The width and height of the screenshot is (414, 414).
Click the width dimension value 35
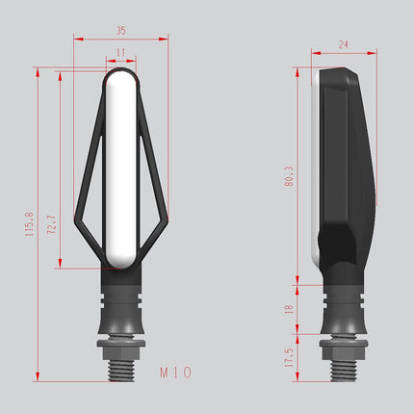pyautogui.click(x=120, y=30)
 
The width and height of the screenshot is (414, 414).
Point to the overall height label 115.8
pyautogui.click(x=30, y=225)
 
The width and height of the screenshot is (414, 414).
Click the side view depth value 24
pyautogui.click(x=344, y=44)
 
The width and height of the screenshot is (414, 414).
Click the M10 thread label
pyautogui.click(x=175, y=371)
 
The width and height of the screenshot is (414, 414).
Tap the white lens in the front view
pyautogui.click(x=120, y=168)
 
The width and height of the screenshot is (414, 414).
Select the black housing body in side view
pyautogui.click(x=344, y=164)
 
